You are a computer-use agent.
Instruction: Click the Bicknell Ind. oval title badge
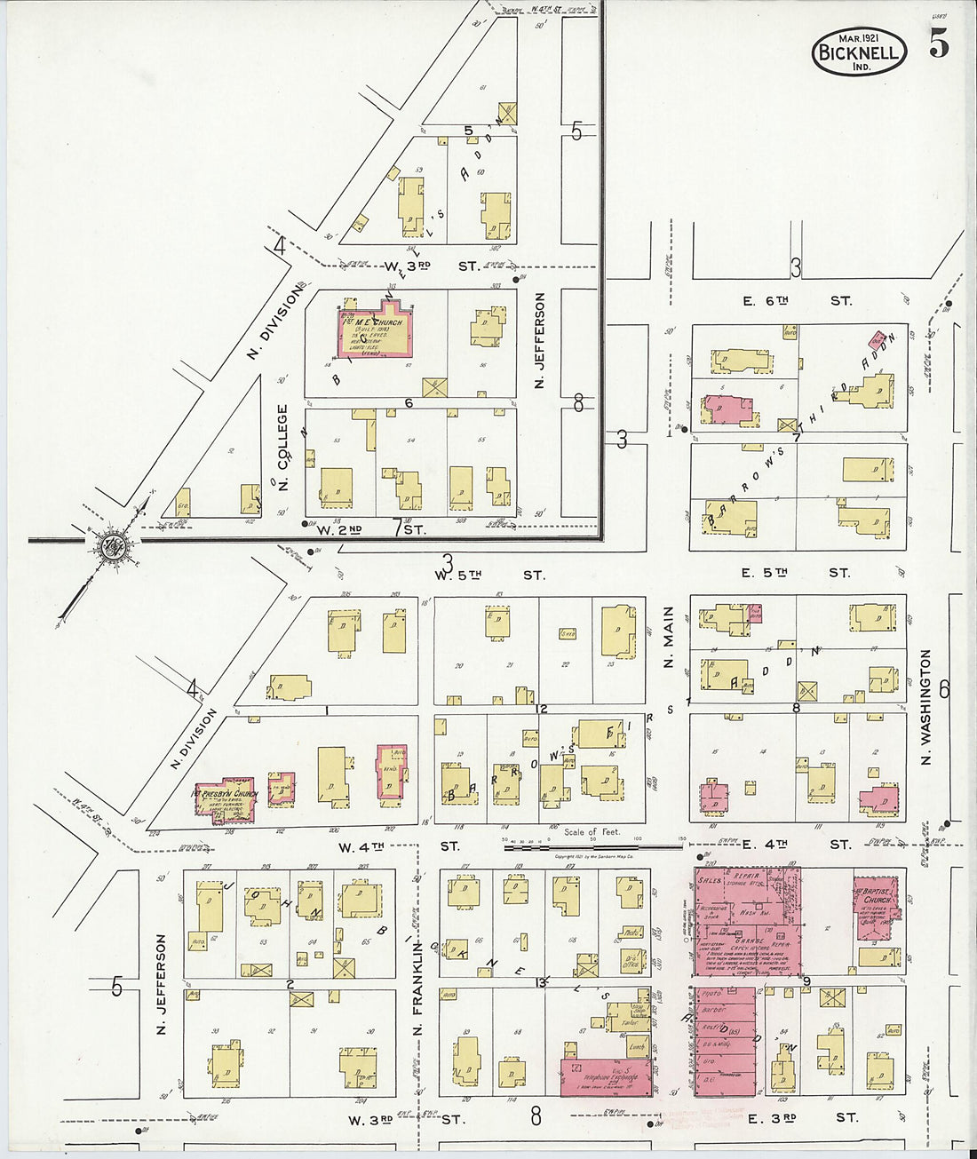(x=859, y=52)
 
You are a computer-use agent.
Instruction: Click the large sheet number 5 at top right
(x=939, y=44)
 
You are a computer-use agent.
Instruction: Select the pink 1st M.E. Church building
(x=375, y=330)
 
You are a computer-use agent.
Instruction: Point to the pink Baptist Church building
(x=876, y=907)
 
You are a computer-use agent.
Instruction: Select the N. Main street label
(x=669, y=637)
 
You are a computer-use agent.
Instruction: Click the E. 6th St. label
(x=796, y=301)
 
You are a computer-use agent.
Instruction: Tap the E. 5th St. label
(x=795, y=573)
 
